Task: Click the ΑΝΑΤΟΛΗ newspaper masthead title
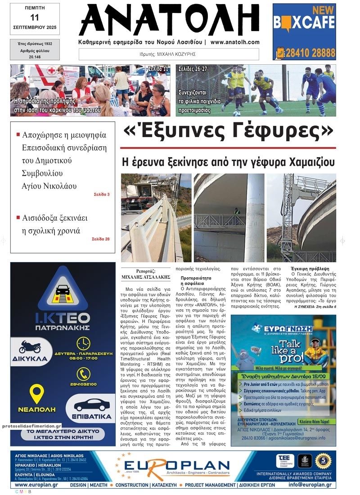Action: point(169,20)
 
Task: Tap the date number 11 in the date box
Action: point(35,18)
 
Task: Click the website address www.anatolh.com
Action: point(234,42)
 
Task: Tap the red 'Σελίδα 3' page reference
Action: point(101,194)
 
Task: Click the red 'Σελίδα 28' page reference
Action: point(100,239)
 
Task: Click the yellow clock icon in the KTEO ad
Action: point(83,343)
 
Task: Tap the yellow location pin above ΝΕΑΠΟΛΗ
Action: point(37,392)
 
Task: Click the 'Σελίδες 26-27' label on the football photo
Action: point(193,69)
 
